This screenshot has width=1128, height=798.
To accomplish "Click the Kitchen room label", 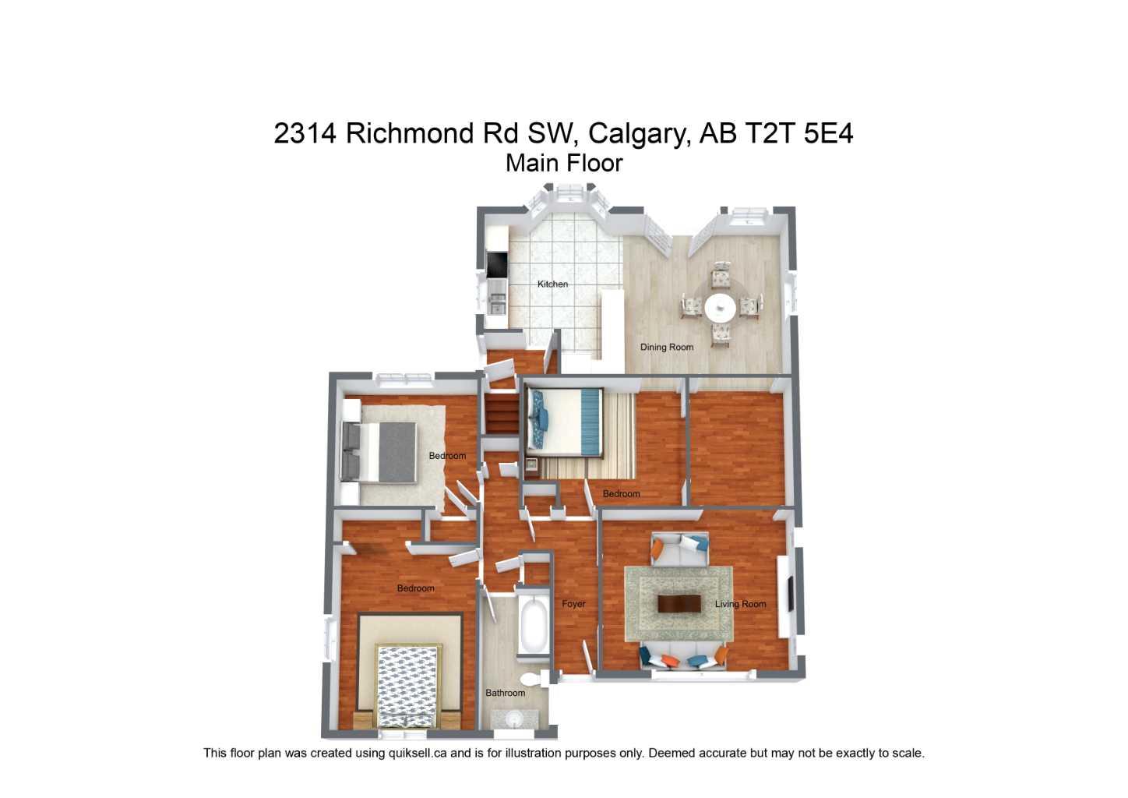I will (x=552, y=284).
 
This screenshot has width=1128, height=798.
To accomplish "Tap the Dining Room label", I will (x=666, y=348).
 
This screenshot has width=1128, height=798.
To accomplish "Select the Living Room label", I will (x=740, y=604).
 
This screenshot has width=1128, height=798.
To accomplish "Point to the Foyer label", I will (x=573, y=604).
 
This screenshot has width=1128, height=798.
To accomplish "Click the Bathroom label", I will (x=505, y=693).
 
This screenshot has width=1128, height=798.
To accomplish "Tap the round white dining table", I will (x=721, y=307).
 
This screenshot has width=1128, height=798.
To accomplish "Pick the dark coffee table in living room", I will (x=679, y=604).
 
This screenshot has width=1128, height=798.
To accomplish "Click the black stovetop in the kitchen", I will (x=495, y=265).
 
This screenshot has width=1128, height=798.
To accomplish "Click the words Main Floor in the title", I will (x=564, y=164).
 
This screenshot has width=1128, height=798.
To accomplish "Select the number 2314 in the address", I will (x=305, y=133).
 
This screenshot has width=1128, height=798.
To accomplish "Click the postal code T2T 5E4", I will (x=799, y=133).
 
